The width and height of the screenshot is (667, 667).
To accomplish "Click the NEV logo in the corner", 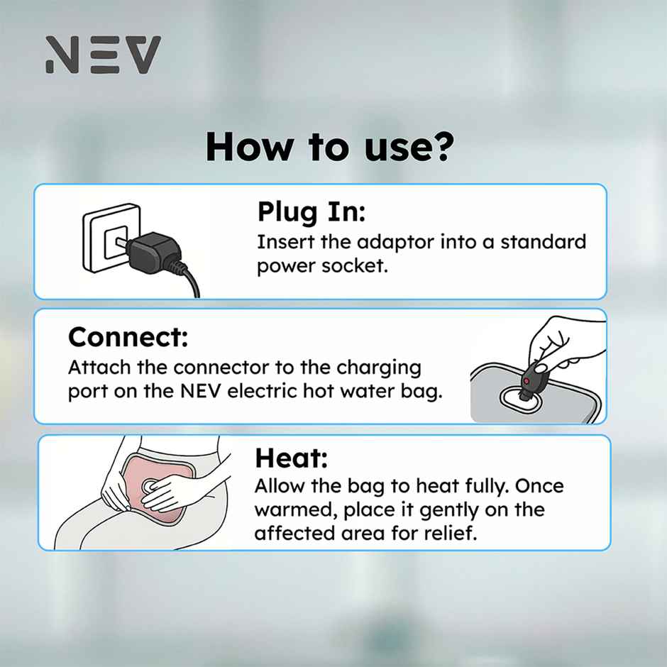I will click(x=103, y=55).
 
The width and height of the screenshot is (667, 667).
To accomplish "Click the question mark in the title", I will click(x=443, y=146).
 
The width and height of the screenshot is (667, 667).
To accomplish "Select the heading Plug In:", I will click(x=312, y=211).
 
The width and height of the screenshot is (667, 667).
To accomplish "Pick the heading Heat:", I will click(x=291, y=458).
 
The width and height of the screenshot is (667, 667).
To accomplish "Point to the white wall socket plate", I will click(x=110, y=238).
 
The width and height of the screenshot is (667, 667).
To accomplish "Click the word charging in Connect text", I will click(x=378, y=368).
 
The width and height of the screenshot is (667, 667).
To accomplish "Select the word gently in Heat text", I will click(x=452, y=510).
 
